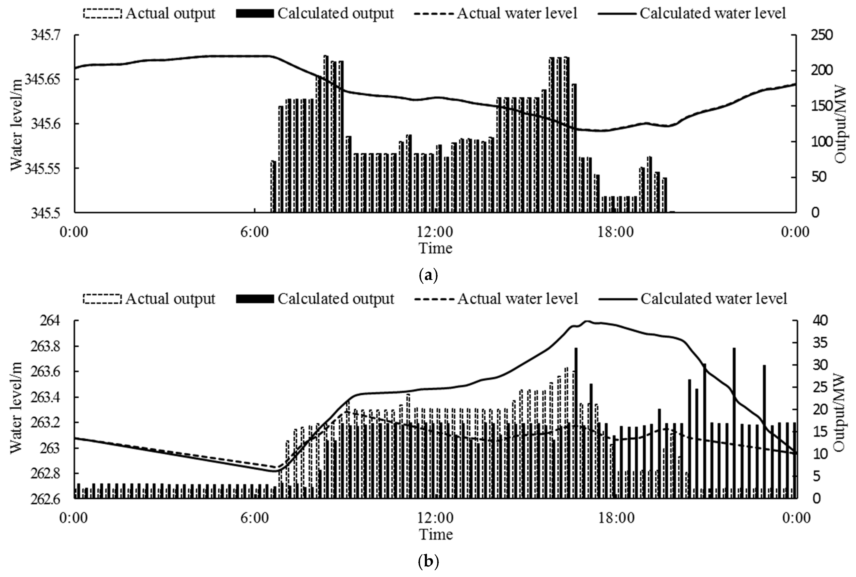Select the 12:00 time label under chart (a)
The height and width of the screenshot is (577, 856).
click(435, 232)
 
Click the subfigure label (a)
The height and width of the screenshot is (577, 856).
click(428, 275)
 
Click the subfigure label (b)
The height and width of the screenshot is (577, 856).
click(428, 561)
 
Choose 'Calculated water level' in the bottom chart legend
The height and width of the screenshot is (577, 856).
click(713, 299)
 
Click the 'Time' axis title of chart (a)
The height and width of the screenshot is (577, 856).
click(435, 248)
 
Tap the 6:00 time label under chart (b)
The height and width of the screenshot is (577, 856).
click(255, 518)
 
